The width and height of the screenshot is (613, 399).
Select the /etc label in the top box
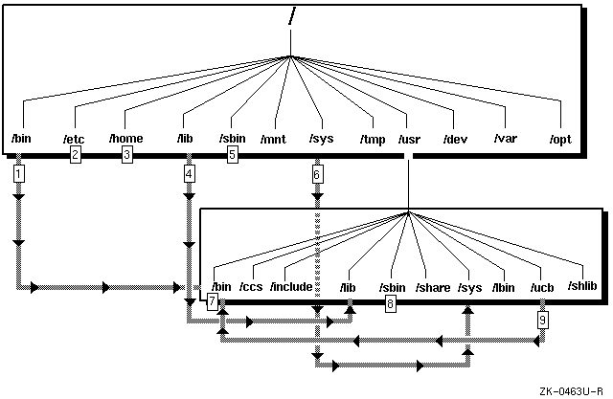[74, 140]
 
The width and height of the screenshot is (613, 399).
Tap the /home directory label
[126, 139]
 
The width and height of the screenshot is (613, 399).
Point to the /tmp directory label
[374, 140]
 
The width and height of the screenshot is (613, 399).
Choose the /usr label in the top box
[409, 140]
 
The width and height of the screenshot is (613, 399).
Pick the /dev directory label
[455, 140]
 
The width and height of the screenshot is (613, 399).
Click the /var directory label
[506, 140]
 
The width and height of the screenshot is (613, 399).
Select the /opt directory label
[559, 140]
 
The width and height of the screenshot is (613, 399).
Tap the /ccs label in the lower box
[250, 286]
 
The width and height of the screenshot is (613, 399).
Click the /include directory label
[291, 286]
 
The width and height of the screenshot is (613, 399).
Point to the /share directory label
[433, 286]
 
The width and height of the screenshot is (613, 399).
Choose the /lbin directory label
[503, 286]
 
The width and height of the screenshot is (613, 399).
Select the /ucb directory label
[542, 286]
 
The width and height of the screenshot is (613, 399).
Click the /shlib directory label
[581, 286]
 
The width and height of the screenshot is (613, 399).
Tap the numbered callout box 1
[18, 174]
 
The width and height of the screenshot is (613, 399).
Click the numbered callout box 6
[317, 174]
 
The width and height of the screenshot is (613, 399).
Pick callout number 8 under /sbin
[391, 303]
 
